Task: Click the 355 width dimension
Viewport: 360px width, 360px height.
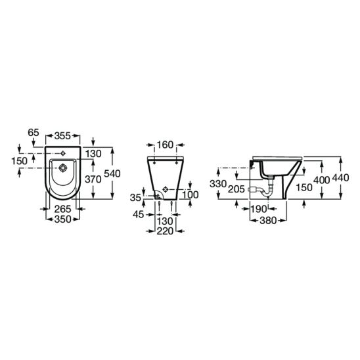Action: click(62, 136)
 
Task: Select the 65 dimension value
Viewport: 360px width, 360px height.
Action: click(34, 133)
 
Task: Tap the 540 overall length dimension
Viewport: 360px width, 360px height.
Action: click(112, 173)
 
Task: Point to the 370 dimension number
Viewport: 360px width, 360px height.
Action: click(93, 179)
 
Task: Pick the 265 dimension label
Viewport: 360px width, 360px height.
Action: click(62, 209)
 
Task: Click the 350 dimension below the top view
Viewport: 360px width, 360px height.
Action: click(62, 219)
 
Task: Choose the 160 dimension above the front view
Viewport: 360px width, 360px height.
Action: click(165, 145)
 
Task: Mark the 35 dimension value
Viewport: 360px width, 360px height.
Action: click(135, 198)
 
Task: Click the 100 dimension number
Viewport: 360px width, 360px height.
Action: click(191, 194)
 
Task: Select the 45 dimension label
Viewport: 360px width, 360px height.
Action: click(139, 214)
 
